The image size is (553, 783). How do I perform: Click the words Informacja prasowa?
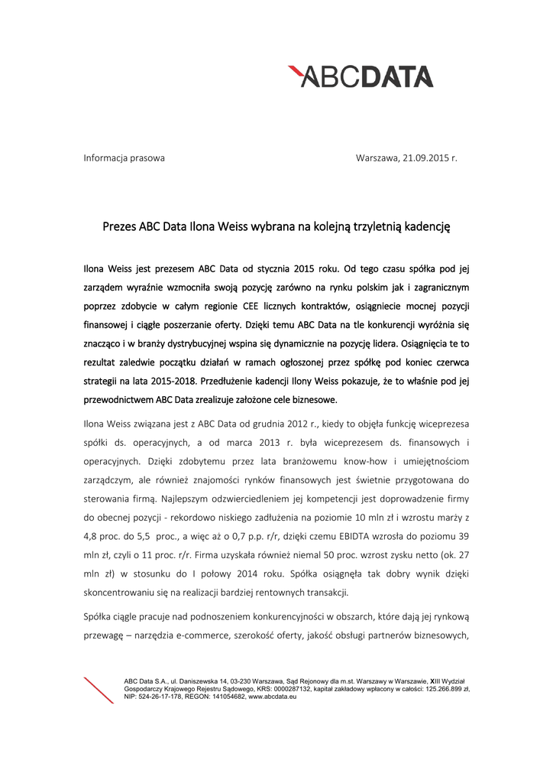(x=124, y=158)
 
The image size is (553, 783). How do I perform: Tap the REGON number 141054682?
(x=222, y=697)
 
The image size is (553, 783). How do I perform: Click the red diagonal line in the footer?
(x=99, y=690)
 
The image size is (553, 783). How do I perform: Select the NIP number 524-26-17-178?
(x=160, y=697)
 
